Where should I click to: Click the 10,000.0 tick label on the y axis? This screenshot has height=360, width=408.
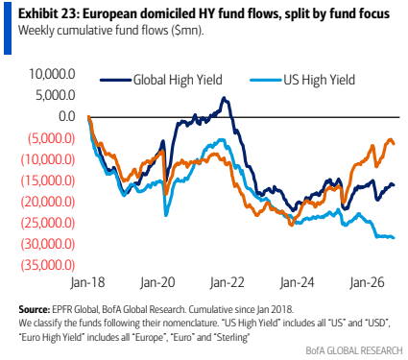[52, 74]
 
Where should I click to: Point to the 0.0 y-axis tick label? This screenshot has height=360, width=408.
[66, 116]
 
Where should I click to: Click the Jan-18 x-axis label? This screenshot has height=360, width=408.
[87, 282]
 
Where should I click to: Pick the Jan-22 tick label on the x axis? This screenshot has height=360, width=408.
[228, 282]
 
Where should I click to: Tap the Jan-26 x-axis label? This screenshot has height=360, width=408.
[367, 282]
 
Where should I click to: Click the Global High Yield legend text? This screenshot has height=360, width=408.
[178, 80]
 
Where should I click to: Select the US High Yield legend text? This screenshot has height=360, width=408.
[319, 80]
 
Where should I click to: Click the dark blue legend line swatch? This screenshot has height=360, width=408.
[115, 80]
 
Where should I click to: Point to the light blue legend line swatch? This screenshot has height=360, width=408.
[266, 80]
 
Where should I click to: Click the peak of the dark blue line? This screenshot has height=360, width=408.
[224, 98]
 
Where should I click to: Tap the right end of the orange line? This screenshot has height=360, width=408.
[394, 143]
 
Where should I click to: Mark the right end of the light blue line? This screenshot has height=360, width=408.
[394, 237]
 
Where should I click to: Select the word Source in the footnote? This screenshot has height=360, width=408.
[33, 309]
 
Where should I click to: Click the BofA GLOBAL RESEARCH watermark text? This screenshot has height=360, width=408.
[354, 350]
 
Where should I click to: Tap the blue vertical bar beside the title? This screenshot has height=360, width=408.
[8, 28]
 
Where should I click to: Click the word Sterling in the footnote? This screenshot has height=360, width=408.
[232, 337]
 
